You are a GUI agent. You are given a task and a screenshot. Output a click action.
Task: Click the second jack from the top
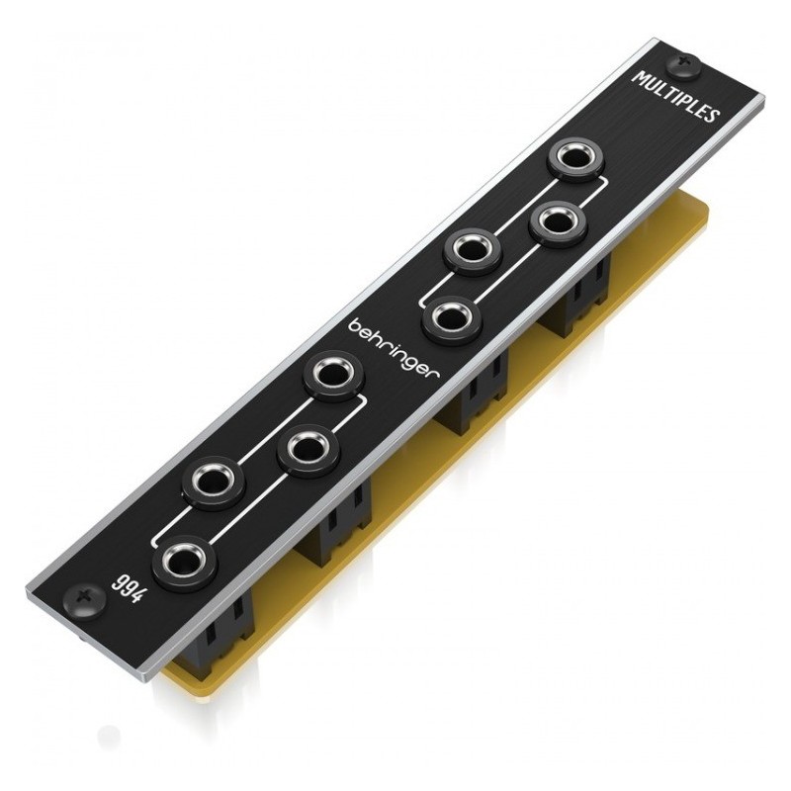coord(550,223)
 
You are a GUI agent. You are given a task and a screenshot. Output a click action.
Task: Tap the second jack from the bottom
coord(214,482)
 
